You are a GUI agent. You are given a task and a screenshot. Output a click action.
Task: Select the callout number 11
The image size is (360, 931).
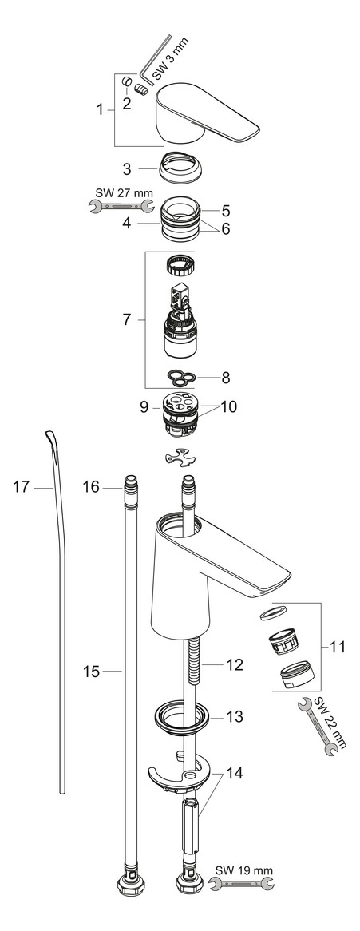click(338, 647)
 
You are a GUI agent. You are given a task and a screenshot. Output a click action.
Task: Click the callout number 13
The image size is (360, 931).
click(235, 718)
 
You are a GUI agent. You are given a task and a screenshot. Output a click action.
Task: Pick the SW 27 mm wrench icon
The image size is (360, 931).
click(121, 208)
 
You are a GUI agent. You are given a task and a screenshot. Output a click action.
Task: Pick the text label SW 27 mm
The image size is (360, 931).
click(120, 192)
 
